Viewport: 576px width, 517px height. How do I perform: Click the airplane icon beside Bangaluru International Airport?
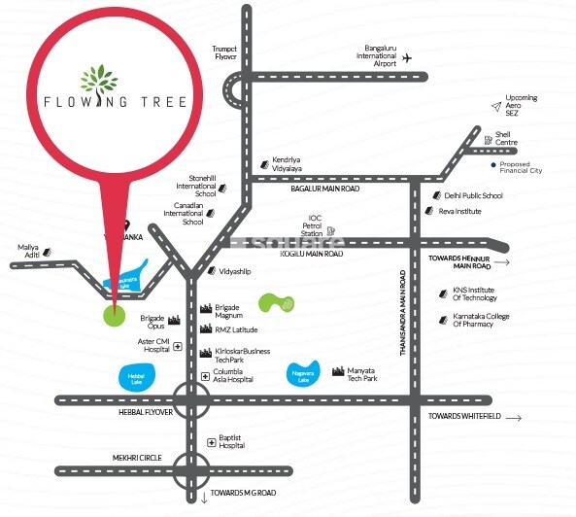click(x=406, y=58)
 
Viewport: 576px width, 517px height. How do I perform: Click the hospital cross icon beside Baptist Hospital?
click(x=211, y=441)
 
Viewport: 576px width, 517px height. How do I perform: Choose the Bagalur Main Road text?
click(x=325, y=189)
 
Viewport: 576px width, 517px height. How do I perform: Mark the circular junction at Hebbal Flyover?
click(x=190, y=399)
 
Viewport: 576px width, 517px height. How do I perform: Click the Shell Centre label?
click(x=506, y=138)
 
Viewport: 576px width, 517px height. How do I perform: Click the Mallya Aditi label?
click(x=28, y=252)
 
